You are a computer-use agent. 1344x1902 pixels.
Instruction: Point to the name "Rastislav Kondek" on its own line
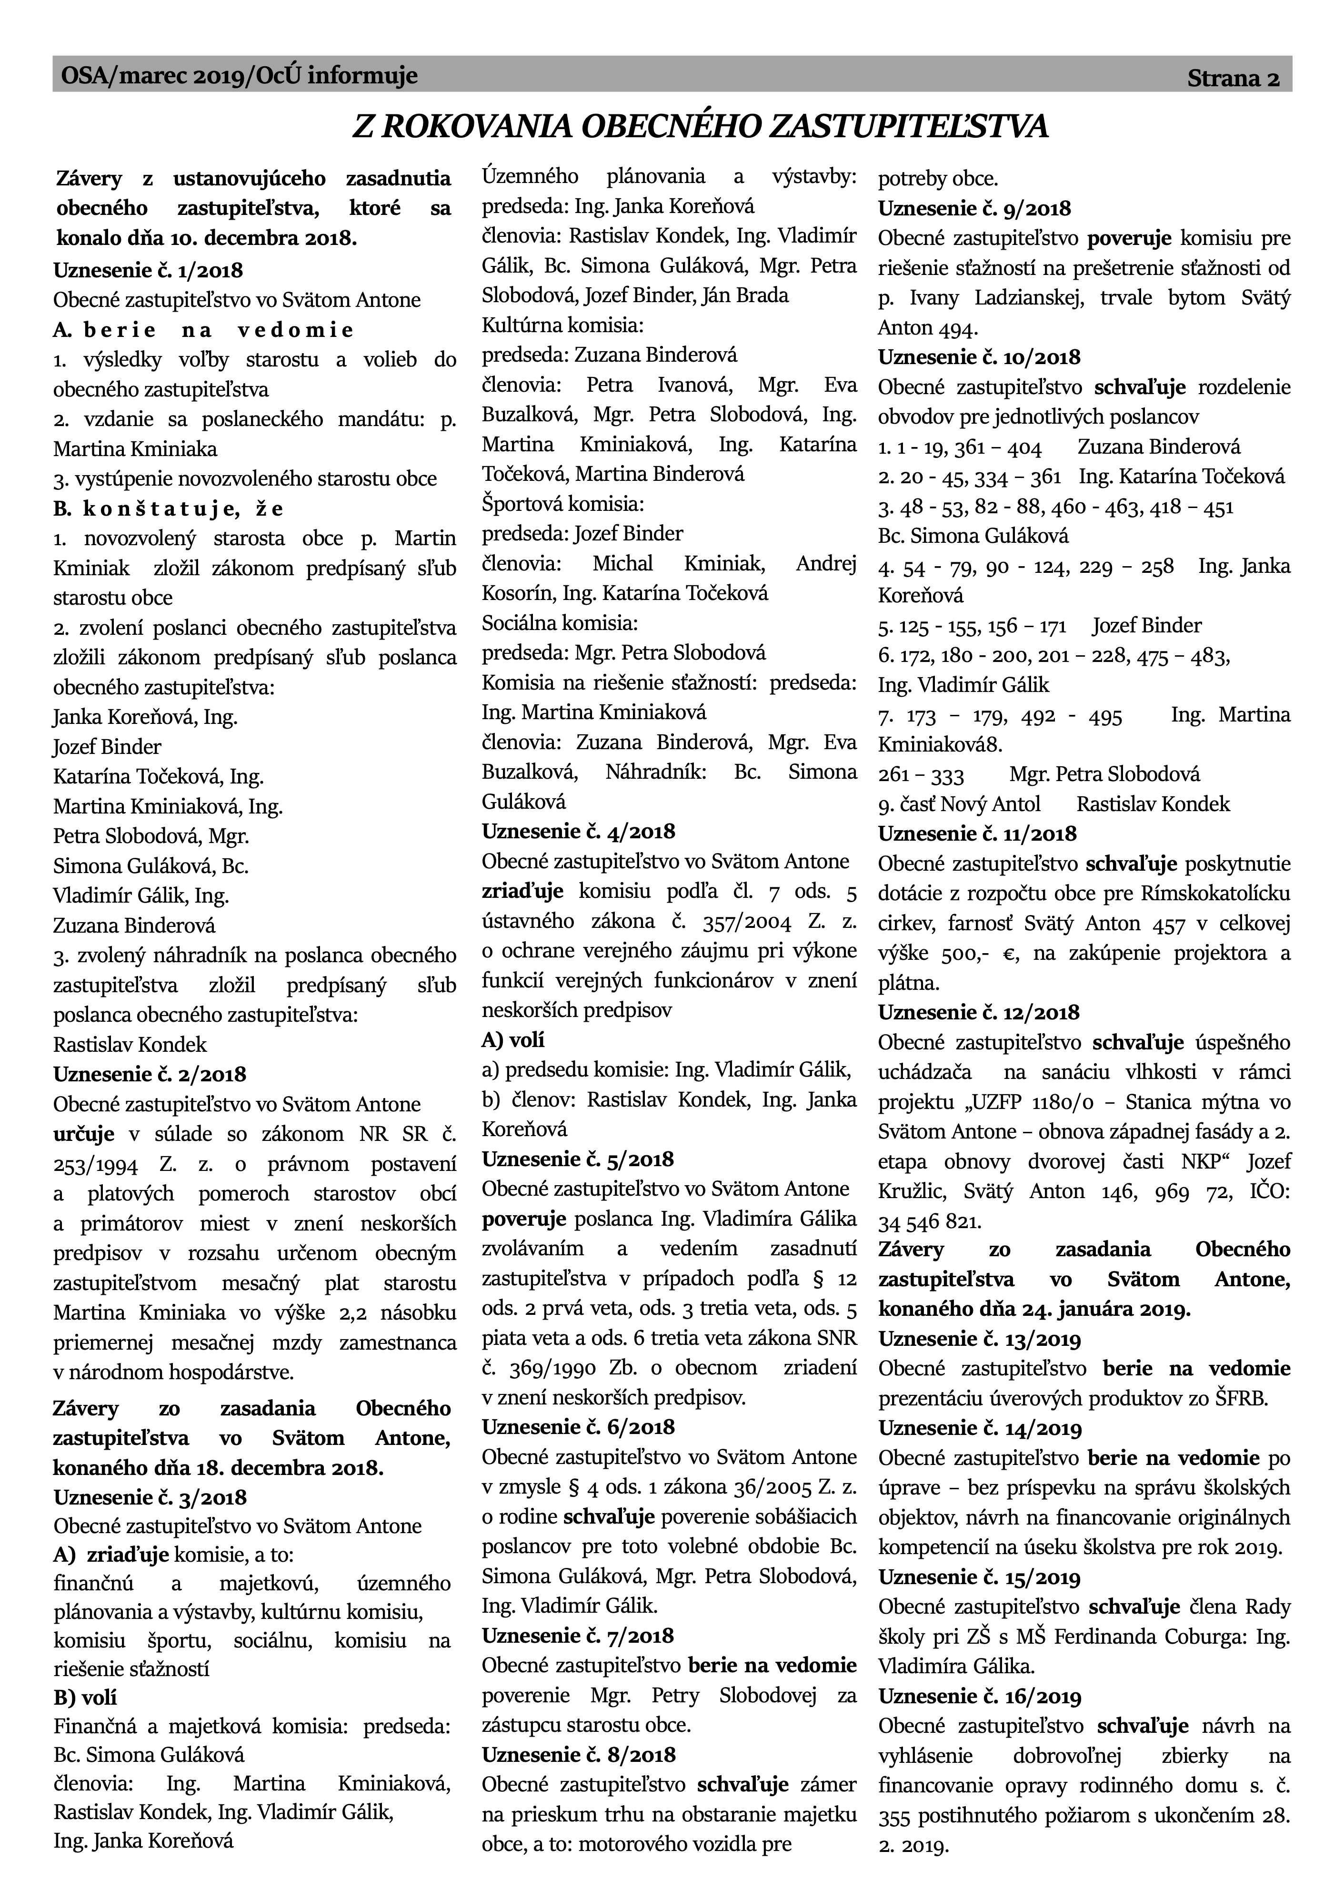(130, 1045)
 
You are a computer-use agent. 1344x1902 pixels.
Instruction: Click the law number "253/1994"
(89, 1164)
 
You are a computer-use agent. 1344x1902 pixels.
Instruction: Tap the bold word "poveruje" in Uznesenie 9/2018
(1129, 239)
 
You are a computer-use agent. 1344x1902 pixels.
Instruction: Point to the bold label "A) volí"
(513, 1039)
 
